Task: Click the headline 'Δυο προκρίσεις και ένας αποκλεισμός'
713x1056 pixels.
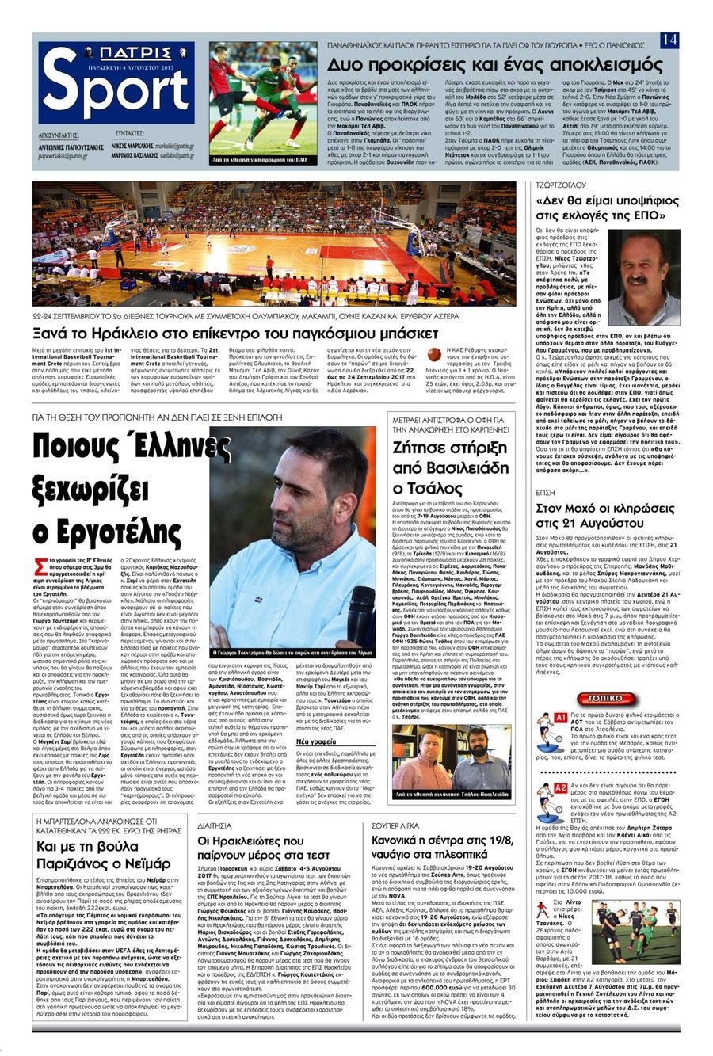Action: pos(479,64)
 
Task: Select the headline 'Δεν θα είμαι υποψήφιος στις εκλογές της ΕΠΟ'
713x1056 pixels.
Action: pos(601,206)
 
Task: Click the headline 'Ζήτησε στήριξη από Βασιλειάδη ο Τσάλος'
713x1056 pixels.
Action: pos(461,467)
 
